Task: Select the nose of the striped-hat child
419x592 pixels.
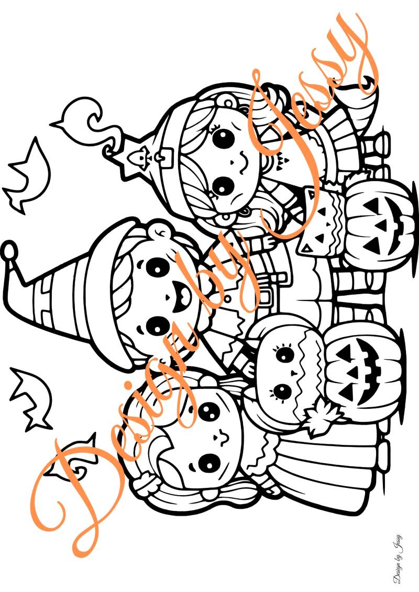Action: [x=168, y=298]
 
